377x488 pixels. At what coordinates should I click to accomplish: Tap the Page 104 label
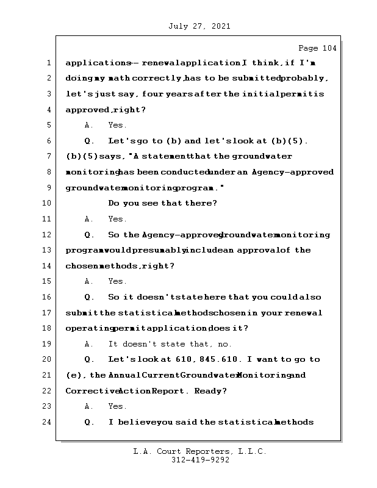coord(317,48)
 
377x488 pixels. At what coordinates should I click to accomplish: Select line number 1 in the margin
coord(48,63)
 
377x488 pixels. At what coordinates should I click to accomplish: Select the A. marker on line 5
coord(89,126)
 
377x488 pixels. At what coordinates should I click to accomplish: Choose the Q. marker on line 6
coord(89,142)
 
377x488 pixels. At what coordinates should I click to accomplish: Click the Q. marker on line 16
coord(89,298)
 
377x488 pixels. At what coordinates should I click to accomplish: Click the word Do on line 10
coord(113,204)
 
